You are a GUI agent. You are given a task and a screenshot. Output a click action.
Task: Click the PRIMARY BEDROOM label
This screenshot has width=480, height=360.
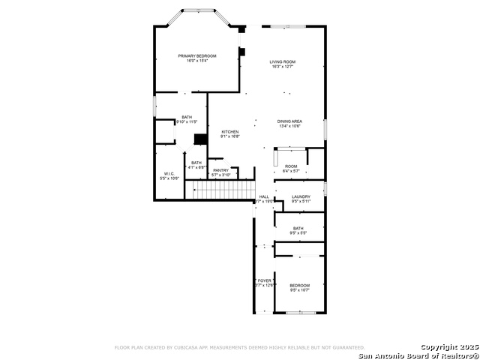tap(196, 56)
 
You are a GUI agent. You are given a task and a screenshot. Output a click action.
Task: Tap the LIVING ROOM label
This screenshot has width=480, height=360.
tap(283, 61)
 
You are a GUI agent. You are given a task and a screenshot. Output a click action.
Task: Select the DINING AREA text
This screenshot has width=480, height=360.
tap(289, 121)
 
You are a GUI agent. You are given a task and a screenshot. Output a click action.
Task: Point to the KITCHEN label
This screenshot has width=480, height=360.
tap(229, 131)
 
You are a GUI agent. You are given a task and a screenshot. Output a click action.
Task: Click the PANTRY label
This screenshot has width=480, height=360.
tap(220, 170)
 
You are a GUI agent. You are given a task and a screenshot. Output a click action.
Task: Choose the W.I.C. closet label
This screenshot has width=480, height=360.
tap(169, 174)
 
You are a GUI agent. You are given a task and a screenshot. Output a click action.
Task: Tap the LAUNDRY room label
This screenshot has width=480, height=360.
tap(301, 196)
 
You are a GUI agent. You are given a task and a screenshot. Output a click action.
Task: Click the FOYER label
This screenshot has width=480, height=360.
tap(265, 280)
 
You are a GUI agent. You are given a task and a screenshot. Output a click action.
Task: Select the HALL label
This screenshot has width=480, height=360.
tap(263, 196)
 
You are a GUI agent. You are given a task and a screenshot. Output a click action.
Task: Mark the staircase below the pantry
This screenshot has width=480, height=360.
tap(220, 190)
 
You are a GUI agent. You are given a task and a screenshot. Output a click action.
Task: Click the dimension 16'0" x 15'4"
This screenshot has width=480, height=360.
tap(196, 61)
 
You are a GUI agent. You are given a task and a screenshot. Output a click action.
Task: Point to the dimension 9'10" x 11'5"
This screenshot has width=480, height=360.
tap(186, 121)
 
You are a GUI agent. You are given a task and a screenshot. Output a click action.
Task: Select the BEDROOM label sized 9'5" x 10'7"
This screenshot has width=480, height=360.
tap(300, 285)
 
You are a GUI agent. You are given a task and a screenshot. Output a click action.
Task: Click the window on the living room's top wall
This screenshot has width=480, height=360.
tap(288, 27)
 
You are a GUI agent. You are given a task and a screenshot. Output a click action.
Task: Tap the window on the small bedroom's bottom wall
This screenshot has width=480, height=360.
tap(299, 313)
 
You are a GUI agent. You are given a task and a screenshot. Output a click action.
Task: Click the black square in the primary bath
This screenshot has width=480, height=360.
tap(199, 139)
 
